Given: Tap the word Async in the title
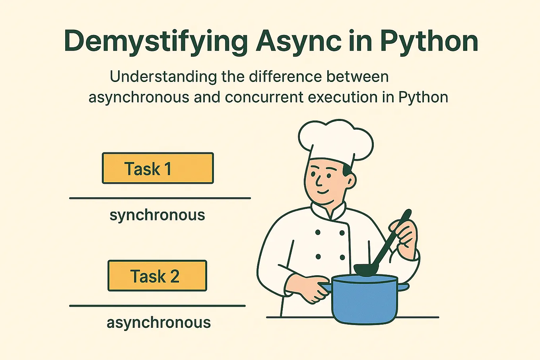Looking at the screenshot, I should (298, 41).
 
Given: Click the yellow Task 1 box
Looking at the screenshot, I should (158, 168).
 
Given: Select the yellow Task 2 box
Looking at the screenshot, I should (157, 276).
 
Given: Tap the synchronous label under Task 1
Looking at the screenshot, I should (157, 215).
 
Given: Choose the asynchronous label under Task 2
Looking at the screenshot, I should (159, 323).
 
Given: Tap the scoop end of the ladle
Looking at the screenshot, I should (367, 269).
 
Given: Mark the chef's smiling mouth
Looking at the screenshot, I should (324, 192).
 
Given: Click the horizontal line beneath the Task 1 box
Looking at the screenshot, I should (160, 198).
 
